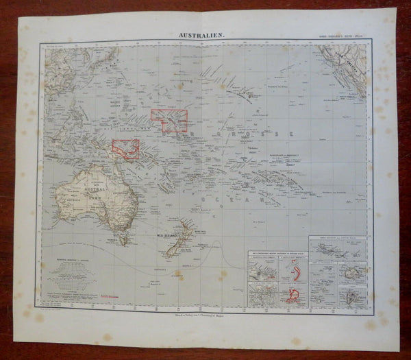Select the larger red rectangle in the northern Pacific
pos(169,120)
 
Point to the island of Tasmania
pos(123,239)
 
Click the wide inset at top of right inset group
pos(337,250)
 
